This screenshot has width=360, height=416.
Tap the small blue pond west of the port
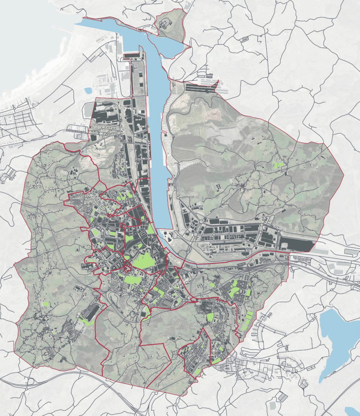click(88, 90)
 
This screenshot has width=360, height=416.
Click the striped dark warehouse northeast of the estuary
click(201, 88)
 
